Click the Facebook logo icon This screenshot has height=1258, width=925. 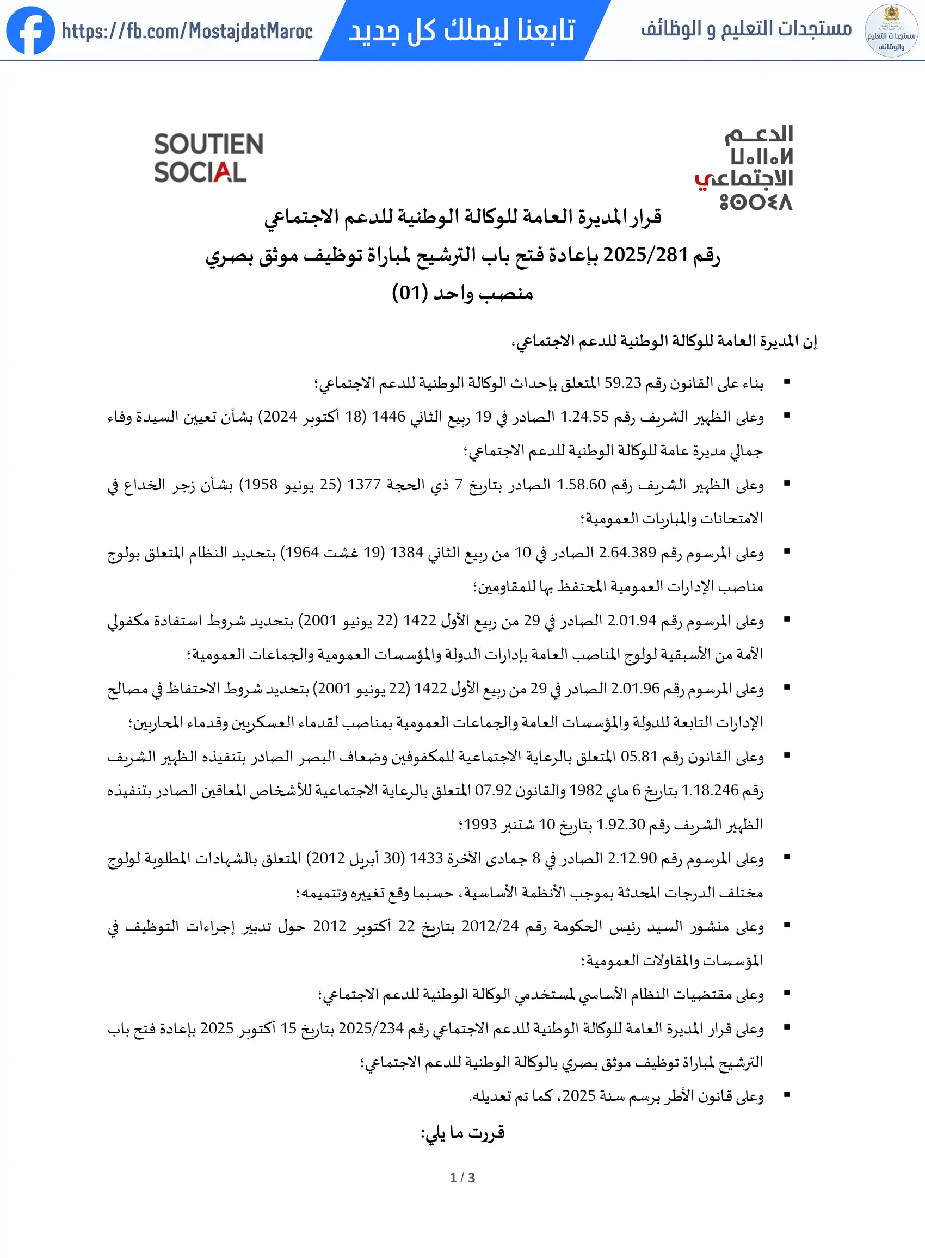pyautogui.click(x=30, y=31)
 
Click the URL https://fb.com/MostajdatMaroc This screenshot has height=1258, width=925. pyautogui.click(x=187, y=32)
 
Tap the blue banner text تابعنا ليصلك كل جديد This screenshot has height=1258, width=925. pyautogui.click(x=462, y=30)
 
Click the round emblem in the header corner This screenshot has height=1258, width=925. pyautogui.click(x=891, y=31)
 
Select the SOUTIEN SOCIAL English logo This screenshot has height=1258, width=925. pyautogui.click(x=208, y=158)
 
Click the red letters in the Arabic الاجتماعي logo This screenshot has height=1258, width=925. pyautogui.click(x=704, y=181)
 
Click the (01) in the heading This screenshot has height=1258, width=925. pyautogui.click(x=409, y=293)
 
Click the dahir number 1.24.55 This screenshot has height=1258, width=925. pyautogui.click(x=584, y=417)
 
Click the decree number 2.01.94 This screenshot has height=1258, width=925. pyautogui.click(x=632, y=621)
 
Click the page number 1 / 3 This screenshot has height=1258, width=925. pyautogui.click(x=462, y=1178)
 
